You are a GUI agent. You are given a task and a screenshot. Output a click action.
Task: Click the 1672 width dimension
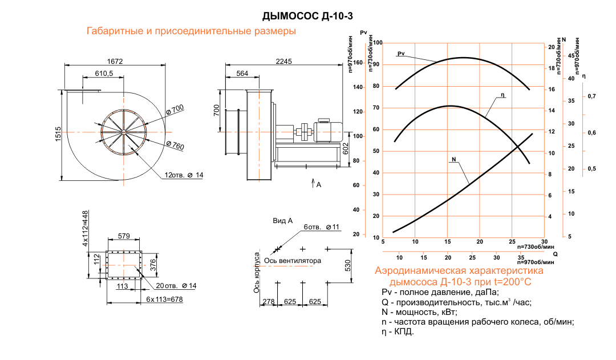(115, 60)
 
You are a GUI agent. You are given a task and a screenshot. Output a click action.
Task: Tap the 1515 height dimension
(58, 135)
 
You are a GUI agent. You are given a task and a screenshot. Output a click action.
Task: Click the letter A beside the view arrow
(319, 185)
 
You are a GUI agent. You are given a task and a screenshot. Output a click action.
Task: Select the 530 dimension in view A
(347, 265)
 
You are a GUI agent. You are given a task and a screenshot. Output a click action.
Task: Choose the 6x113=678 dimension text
(164, 299)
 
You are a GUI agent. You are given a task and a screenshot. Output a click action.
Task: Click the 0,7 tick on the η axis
(591, 96)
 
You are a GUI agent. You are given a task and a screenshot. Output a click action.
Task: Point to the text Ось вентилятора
(296, 261)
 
